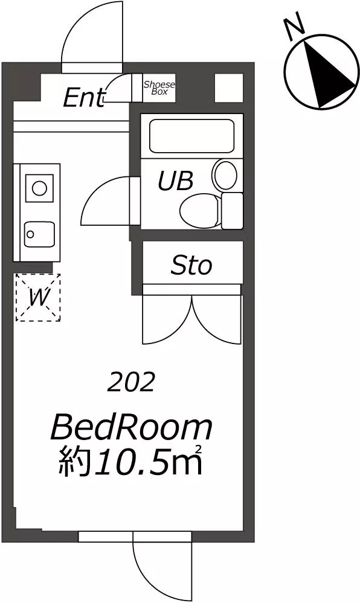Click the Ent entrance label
[x=84, y=98]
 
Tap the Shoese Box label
[x=159, y=88]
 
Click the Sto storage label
[x=191, y=266]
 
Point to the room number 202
[x=131, y=383]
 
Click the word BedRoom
[x=132, y=428]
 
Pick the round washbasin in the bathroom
[x=226, y=175]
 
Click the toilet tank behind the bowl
[x=233, y=211]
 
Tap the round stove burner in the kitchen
[x=39, y=188]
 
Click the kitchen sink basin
[x=39, y=235]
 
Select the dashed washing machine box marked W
[x=38, y=297]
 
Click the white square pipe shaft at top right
[x=229, y=88]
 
